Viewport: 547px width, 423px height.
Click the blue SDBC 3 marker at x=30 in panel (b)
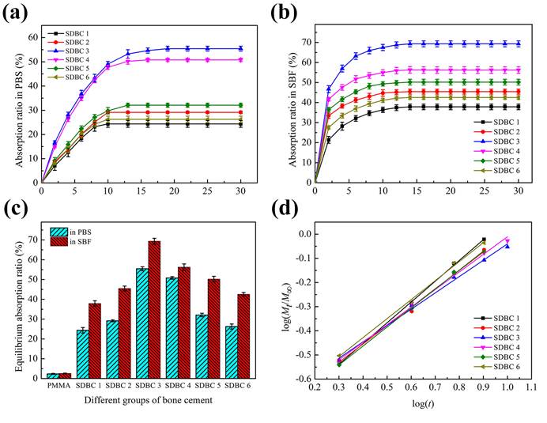point(518,43)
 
